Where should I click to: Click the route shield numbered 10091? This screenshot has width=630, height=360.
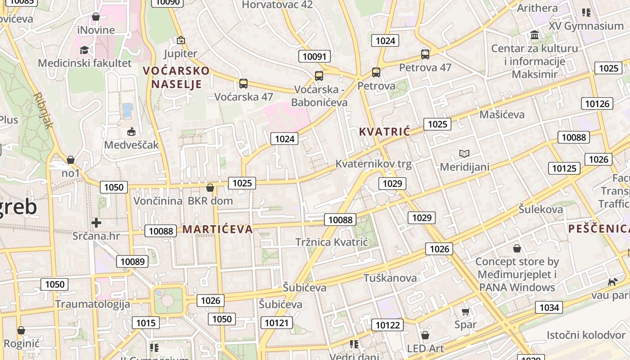tap(315, 56)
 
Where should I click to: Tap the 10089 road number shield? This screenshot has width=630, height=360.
tap(132, 261)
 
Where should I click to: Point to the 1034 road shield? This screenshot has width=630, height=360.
tap(549, 308)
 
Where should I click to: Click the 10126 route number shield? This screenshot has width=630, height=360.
tap(597, 104)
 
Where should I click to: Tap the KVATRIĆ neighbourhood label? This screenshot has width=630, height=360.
tap(385, 132)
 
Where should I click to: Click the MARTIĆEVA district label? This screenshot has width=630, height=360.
tap(217, 229)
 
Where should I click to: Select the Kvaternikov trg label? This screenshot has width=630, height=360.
tap(373, 164)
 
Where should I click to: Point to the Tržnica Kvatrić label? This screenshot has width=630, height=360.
tap(332, 242)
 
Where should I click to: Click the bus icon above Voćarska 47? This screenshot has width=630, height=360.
tap(243, 83)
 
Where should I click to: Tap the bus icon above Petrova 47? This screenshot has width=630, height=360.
tap(425, 54)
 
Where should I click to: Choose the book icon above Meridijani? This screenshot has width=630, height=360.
tap(464, 154)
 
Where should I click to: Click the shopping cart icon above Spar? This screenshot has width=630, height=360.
tap(465, 311)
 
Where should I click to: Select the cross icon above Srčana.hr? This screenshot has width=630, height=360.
tap(96, 222)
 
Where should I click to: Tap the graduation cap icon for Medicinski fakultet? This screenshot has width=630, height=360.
tap(84, 50)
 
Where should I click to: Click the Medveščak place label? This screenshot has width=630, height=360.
tap(131, 145)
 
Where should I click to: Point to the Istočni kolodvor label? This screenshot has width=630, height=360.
tap(586, 335)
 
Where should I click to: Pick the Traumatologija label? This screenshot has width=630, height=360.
tap(93, 304)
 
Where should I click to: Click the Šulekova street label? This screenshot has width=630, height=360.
tap(540, 209)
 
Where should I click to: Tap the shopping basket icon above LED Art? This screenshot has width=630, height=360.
tap(425, 335)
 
